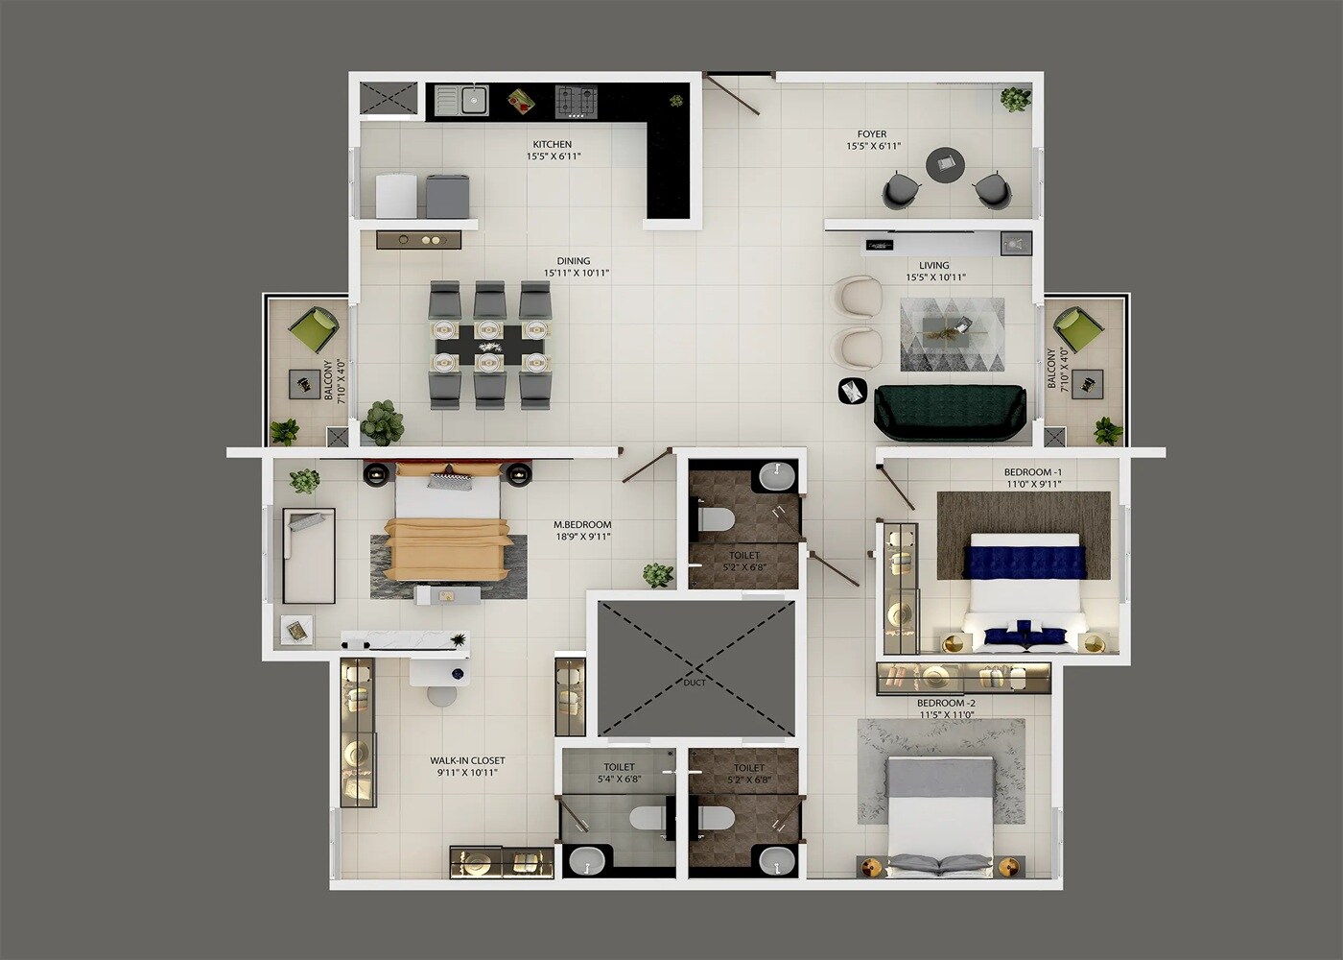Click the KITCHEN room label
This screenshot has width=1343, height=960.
click(x=553, y=144)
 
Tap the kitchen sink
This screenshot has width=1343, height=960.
click(x=472, y=99)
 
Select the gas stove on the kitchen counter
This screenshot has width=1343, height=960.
click(x=576, y=100)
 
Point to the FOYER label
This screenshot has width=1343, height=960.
click(x=872, y=134)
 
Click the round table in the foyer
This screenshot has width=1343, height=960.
click(x=945, y=165)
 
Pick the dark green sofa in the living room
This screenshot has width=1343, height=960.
click(x=950, y=412)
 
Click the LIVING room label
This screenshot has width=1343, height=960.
click(x=933, y=265)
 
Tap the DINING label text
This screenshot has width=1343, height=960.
click(x=574, y=260)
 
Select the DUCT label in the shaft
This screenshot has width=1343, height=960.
click(x=695, y=683)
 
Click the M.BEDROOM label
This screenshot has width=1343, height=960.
click(x=582, y=525)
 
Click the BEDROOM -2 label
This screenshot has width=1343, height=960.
click(x=946, y=703)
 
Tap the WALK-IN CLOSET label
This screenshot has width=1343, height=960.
click(x=467, y=760)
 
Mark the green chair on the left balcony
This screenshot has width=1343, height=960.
click(x=314, y=329)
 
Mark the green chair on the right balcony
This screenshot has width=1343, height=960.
click(x=1075, y=329)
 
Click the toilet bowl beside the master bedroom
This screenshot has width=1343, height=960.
click(x=716, y=519)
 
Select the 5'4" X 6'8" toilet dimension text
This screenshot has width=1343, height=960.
click(x=619, y=780)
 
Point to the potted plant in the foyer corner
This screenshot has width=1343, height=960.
click(x=1015, y=99)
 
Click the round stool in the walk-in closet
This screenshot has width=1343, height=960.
click(x=441, y=696)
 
